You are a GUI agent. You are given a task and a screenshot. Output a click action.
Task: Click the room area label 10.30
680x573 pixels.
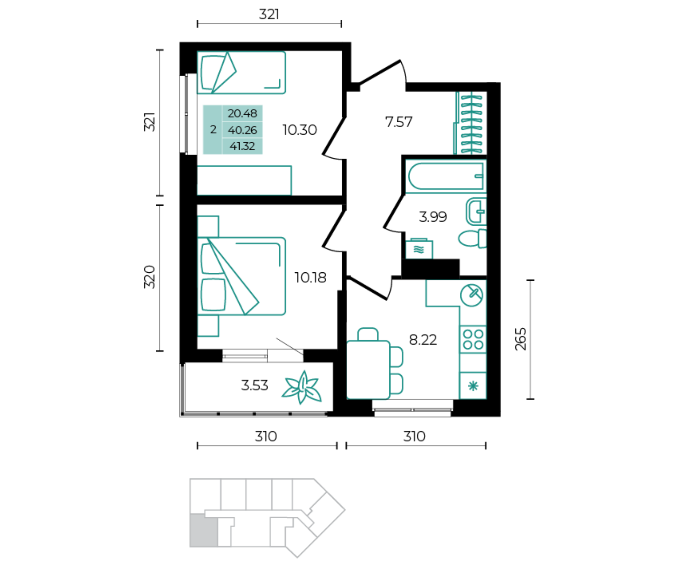click(300, 130)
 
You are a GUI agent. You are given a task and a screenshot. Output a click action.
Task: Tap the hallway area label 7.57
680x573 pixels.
click(399, 122)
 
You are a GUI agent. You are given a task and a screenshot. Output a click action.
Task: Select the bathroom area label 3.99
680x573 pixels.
click(433, 217)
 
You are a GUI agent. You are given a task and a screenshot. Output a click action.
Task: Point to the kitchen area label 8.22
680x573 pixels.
click(423, 340)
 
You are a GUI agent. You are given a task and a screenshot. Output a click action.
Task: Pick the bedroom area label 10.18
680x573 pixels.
click(310, 277)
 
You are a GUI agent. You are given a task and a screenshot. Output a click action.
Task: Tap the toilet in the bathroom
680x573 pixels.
click(473, 238)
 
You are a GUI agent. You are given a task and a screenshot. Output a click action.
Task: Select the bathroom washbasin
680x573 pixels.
click(476, 211)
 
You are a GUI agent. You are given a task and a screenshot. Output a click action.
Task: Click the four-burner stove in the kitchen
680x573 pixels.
click(473, 339)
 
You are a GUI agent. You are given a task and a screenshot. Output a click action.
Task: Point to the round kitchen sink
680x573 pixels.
click(471, 295)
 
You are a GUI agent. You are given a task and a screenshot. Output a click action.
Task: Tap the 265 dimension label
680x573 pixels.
click(520, 339)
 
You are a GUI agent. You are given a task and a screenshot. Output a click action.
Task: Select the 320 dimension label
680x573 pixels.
click(149, 277)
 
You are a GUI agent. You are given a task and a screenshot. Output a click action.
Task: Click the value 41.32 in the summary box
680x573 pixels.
click(242, 146)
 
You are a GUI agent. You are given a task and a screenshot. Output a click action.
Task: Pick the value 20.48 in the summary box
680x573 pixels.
click(242, 113)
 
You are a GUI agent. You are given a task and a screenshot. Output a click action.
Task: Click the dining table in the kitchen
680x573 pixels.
click(368, 370)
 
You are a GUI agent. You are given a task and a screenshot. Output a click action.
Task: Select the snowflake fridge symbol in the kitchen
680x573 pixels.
click(473, 386)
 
